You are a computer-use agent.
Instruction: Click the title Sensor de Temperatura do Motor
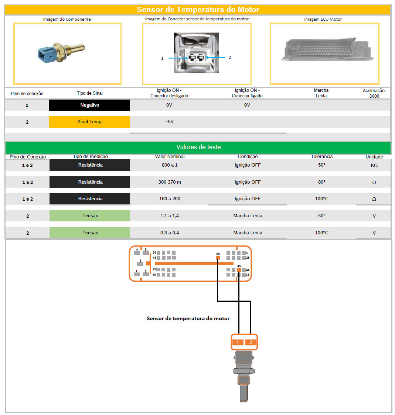tap(198, 10)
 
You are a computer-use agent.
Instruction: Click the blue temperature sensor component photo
tap(61, 53)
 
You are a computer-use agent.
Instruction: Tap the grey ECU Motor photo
tap(327, 49)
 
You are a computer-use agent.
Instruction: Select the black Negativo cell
tap(89, 105)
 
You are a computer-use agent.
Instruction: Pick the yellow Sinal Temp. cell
tap(89, 122)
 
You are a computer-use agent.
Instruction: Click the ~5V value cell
tap(169, 122)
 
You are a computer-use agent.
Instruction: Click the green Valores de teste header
tap(198, 147)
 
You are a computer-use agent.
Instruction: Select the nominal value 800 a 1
tap(170, 165)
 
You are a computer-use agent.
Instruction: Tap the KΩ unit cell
tap(374, 165)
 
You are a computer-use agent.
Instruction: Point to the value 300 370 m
tap(170, 182)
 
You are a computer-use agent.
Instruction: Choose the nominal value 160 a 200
tap(170, 198)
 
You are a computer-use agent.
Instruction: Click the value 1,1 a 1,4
tap(170, 216)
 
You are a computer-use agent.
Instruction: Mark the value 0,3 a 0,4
tap(170, 232)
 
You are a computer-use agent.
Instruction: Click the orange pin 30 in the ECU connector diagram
tap(218, 258)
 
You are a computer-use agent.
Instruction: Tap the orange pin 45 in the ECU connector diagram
tap(239, 270)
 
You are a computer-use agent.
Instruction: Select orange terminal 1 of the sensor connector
tap(238, 342)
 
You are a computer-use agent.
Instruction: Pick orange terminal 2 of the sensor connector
tap(251, 342)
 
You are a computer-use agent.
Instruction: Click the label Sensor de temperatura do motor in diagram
tap(188, 318)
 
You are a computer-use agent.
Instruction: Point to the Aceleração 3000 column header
tap(374, 93)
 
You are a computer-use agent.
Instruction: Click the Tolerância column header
tap(321, 157)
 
